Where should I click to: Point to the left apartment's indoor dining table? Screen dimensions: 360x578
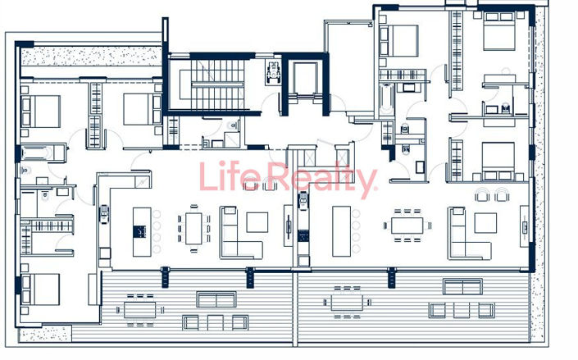click(193, 227)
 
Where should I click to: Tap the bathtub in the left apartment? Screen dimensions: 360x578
click(37, 153)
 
